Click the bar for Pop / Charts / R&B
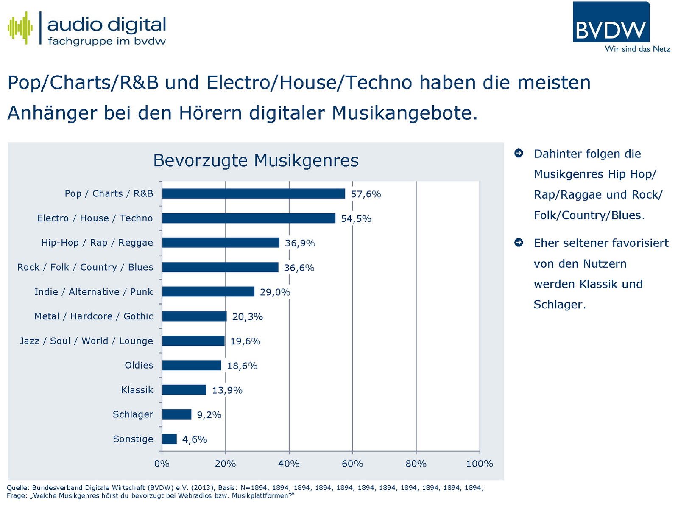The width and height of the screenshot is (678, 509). [253, 194]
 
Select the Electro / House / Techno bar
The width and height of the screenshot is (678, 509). [248, 218]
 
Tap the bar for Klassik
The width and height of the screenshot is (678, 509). [184, 390]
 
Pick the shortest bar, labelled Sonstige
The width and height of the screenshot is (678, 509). [169, 439]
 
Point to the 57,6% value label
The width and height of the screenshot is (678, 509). [366, 194]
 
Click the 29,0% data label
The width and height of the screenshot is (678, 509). [275, 292]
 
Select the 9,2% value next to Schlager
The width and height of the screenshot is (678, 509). [209, 415]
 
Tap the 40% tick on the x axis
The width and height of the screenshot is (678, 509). [289, 464]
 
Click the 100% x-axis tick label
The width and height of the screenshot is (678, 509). [479, 464]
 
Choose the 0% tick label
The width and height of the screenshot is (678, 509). [162, 464]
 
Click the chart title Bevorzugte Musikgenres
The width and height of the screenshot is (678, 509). [256, 161]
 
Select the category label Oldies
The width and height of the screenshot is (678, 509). [139, 365]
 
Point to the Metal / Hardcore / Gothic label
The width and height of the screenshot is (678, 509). [94, 316]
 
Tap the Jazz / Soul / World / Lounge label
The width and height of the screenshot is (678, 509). [86, 341]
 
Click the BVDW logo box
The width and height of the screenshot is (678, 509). [611, 22]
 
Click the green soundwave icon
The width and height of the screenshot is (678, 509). [20, 28]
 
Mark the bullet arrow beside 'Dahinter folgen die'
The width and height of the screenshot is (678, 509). [519, 153]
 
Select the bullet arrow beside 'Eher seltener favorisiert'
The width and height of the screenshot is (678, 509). [519, 243]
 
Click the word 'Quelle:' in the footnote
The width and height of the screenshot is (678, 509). [18, 488]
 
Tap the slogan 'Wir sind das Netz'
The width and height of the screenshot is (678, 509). [637, 49]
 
